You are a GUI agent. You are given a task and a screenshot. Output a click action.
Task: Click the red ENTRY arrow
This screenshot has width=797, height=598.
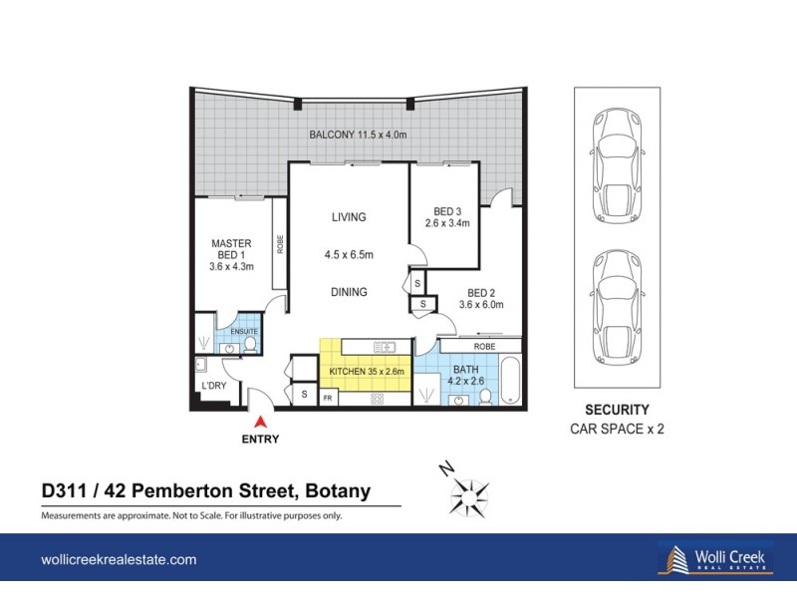259,423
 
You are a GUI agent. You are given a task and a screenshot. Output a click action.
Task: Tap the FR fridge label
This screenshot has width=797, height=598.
328,399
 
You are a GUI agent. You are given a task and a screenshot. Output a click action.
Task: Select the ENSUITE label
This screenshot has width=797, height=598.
243,331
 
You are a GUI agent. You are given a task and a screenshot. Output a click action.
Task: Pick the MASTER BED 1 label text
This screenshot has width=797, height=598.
231,254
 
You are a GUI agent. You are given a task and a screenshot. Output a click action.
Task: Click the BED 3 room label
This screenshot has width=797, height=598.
443,211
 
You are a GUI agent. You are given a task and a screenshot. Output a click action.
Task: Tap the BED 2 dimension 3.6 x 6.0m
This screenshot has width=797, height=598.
481,305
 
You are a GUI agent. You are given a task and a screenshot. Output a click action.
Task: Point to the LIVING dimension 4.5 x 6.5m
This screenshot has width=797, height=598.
349,255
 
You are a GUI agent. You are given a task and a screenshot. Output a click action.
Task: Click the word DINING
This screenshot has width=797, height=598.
349,292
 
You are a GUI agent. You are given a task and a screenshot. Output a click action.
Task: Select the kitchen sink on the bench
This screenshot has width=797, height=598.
383,347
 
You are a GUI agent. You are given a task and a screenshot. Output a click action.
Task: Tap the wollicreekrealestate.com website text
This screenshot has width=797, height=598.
119,560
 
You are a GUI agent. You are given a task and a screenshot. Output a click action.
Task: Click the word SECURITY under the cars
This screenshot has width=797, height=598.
617,410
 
